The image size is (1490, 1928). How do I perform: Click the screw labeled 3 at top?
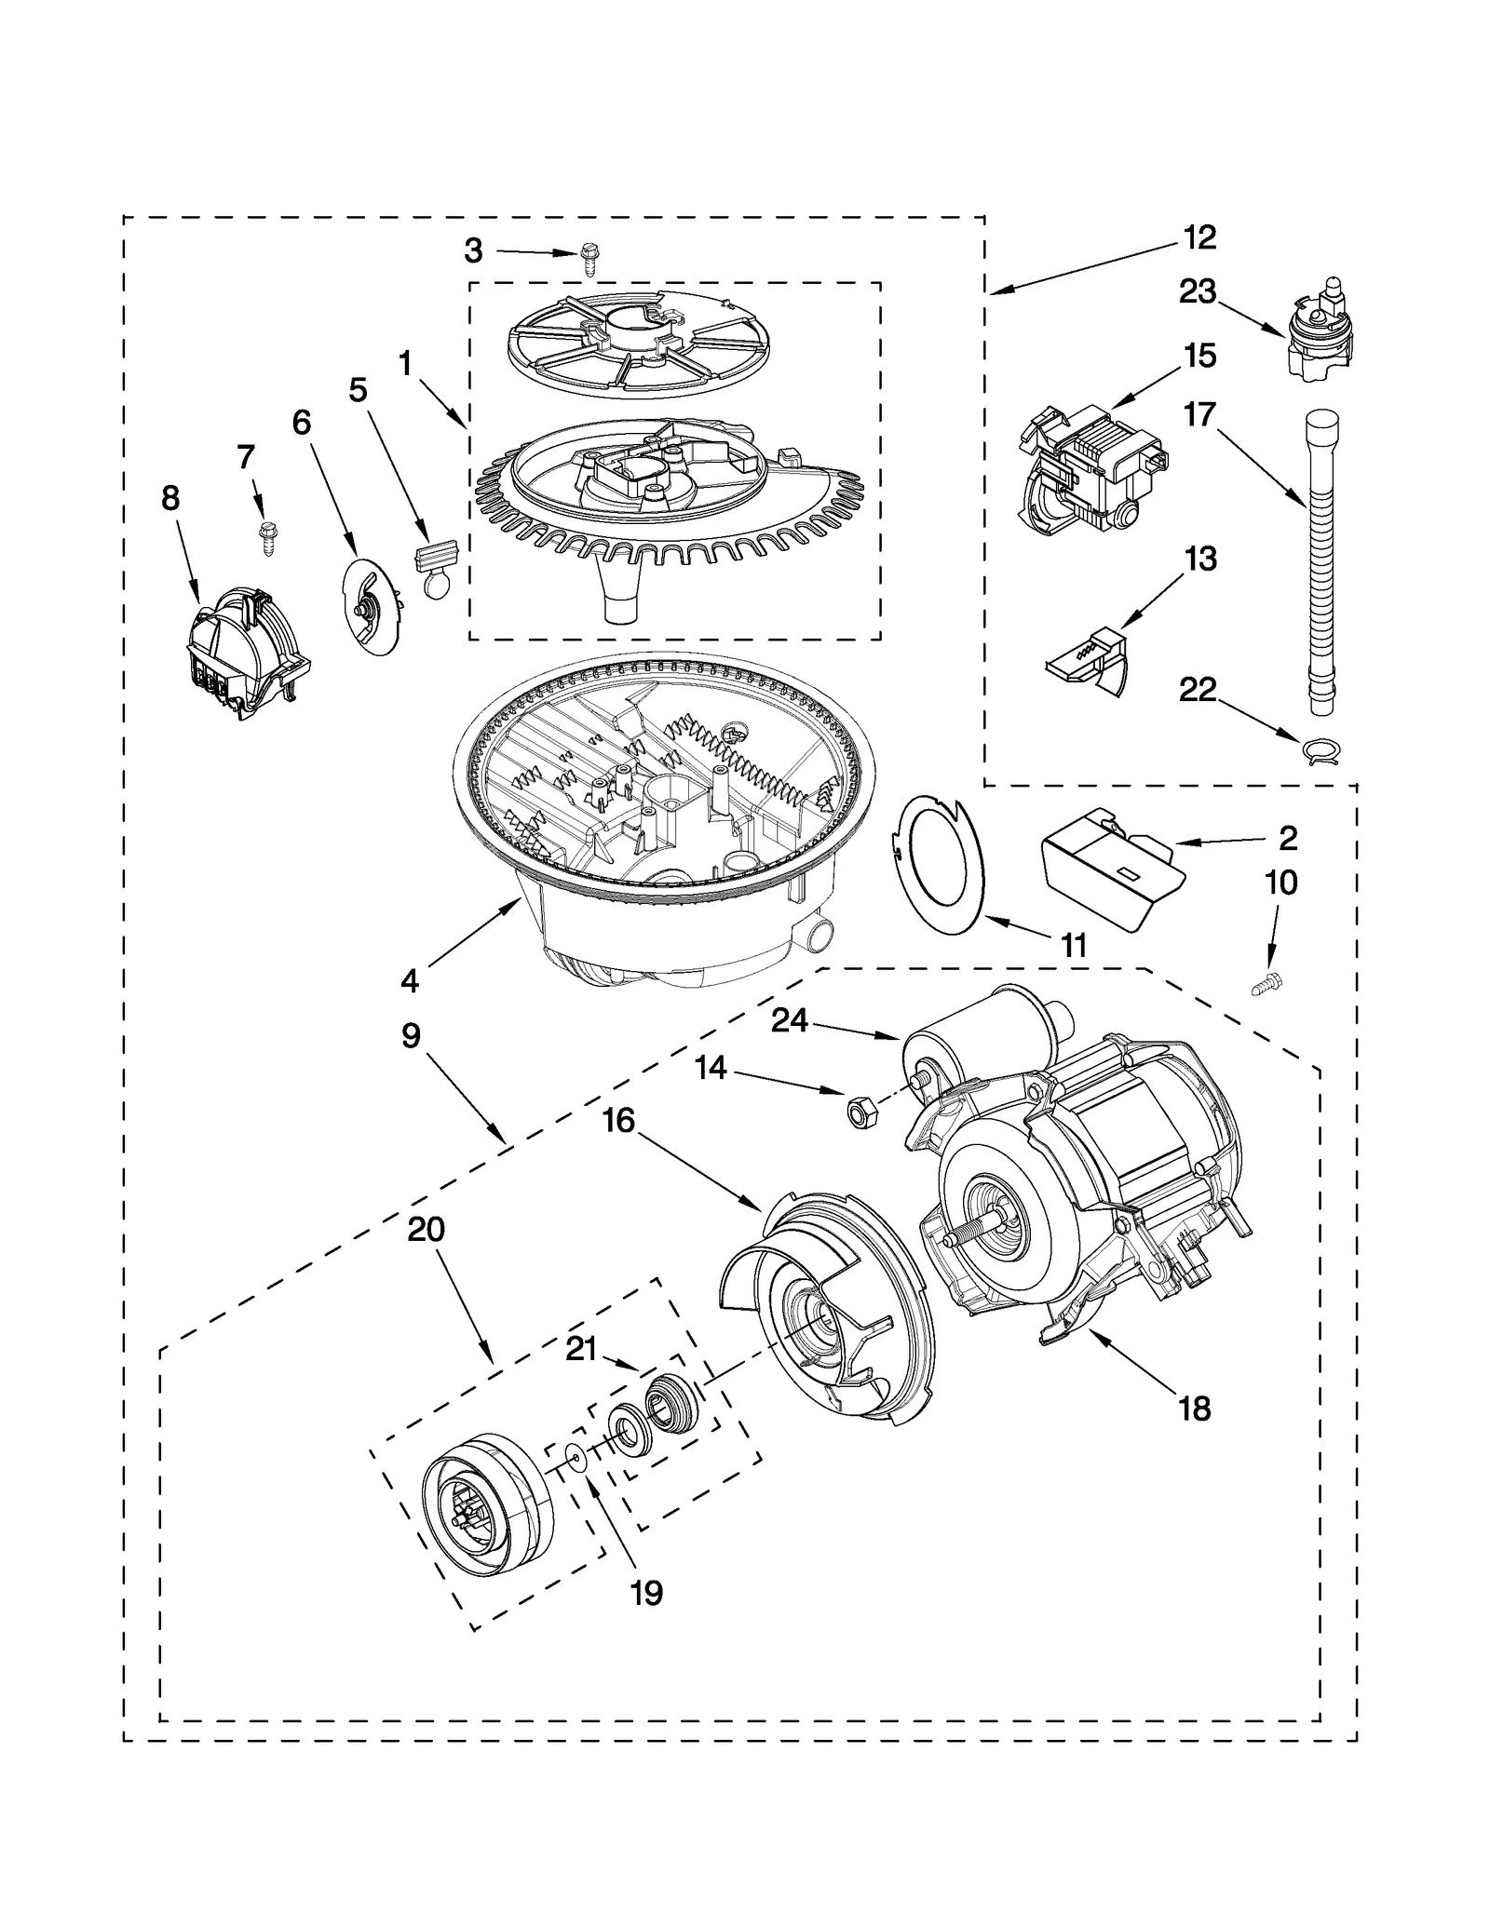(x=588, y=257)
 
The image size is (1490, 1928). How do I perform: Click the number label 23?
(x=1198, y=292)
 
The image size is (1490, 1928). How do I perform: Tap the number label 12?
(x=1199, y=237)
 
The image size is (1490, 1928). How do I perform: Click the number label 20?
(x=426, y=1230)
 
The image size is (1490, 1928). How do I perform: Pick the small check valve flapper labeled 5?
(x=436, y=566)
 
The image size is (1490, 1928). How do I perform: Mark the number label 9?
(x=411, y=1036)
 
